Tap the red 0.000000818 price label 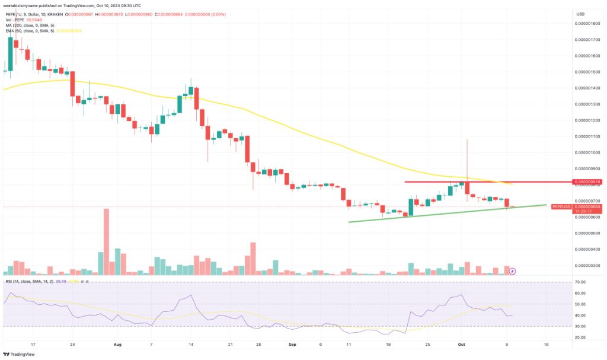click(x=587, y=182)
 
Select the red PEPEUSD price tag click(x=561, y=206)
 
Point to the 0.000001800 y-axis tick click(x=587, y=24)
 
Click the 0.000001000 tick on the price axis click(x=587, y=152)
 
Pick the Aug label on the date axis click(x=117, y=343)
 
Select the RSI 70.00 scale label click(x=580, y=282)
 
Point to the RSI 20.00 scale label click(x=580, y=337)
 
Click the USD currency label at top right click(x=580, y=14)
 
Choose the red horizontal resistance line click(x=486, y=182)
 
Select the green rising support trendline click(x=445, y=213)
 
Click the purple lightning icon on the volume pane click(x=513, y=271)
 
